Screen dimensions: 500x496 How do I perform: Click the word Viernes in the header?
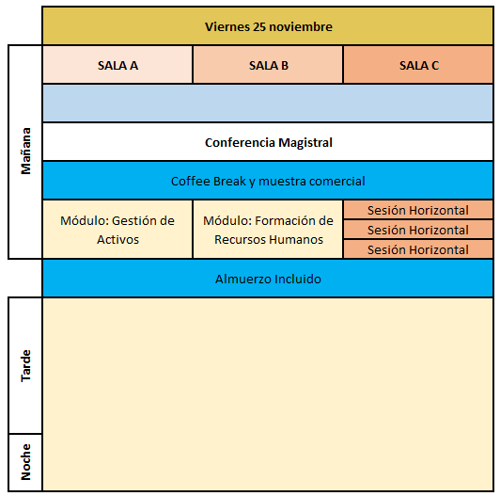(227, 26)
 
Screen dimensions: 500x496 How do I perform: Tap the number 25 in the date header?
(259, 26)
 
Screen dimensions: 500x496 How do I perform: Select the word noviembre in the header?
(301, 26)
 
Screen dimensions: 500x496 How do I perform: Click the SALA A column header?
(117, 66)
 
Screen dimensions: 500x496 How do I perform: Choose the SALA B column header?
(269, 66)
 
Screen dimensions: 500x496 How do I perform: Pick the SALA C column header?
(419, 66)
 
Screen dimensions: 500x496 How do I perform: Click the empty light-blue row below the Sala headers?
(268, 104)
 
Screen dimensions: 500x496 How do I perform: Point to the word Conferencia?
(240, 142)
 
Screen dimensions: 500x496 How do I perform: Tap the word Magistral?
(305, 143)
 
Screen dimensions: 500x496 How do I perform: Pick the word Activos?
(117, 240)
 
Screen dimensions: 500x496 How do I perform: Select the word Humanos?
(299, 240)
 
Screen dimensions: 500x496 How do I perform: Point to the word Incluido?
(298, 279)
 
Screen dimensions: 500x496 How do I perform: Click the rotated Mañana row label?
(25, 152)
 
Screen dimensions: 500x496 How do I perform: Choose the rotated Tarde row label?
(25, 366)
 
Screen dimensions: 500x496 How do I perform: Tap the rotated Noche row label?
(25, 462)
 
